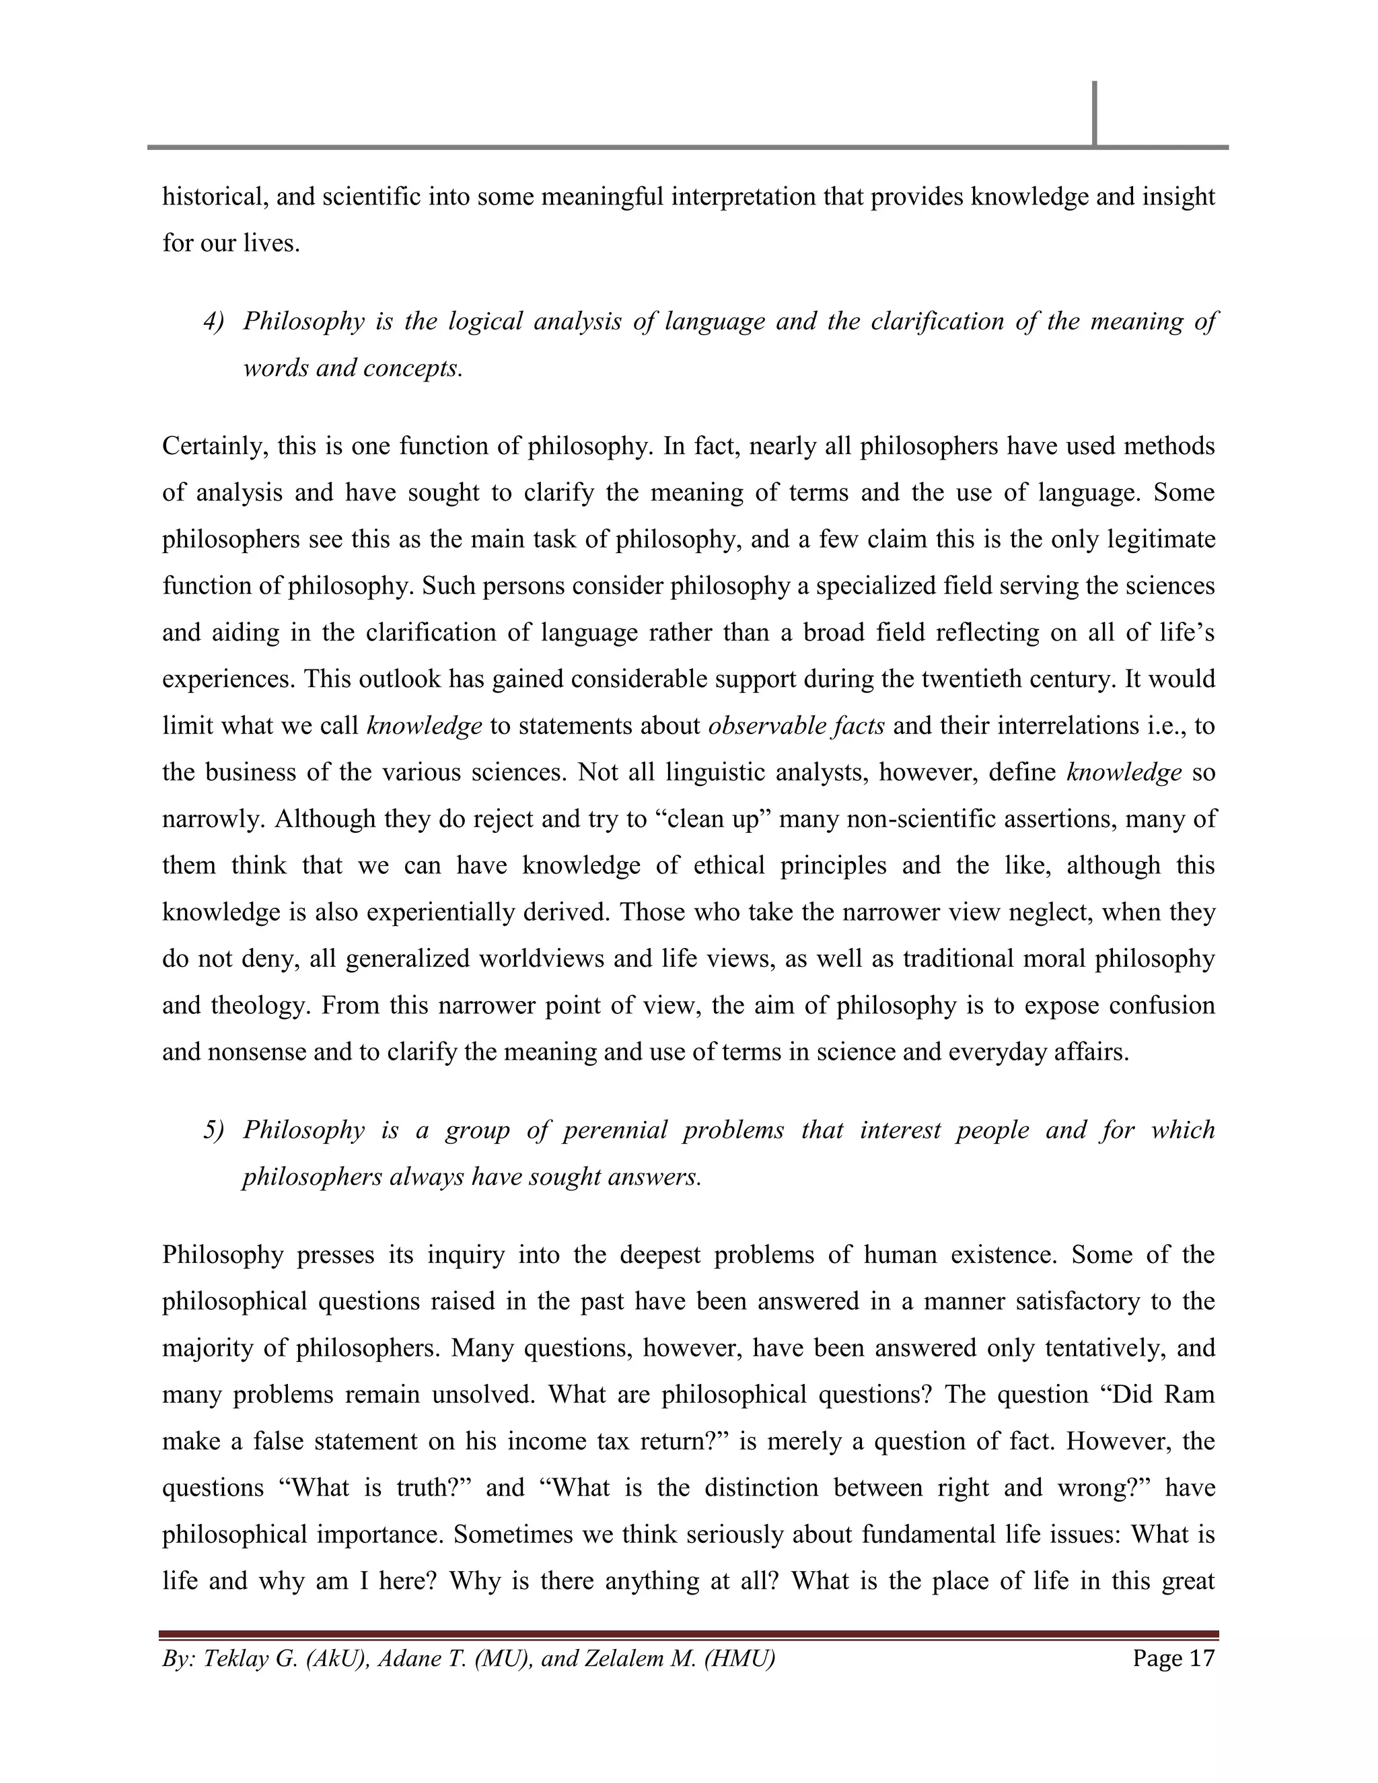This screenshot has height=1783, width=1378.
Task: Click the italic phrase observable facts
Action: (x=796, y=726)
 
